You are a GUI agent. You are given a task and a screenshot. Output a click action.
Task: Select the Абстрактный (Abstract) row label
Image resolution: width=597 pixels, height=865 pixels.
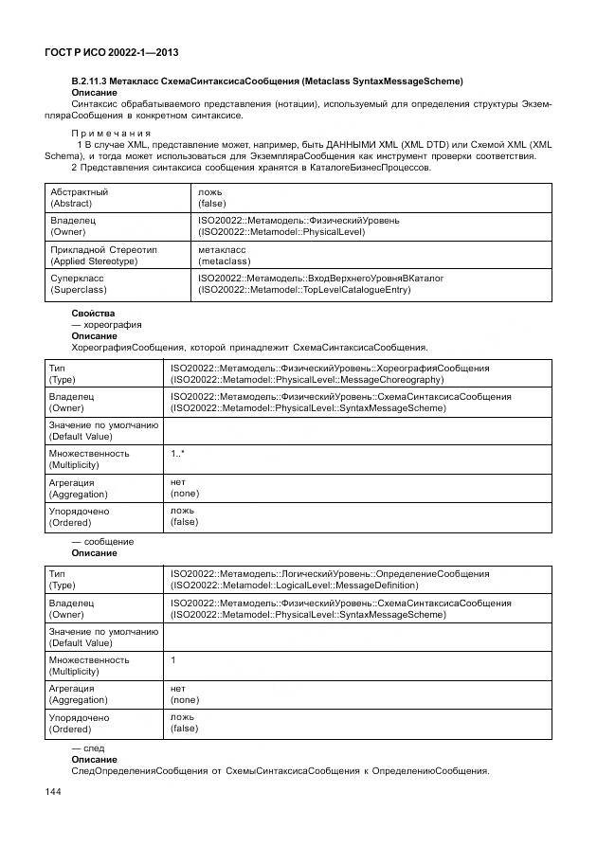80,197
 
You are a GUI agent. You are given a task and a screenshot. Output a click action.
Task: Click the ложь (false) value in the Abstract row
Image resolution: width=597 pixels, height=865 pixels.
212,197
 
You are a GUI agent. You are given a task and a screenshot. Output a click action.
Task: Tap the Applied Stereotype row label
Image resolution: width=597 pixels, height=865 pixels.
94,261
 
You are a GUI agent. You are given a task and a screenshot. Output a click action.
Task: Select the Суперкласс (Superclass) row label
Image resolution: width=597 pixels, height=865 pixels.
79,283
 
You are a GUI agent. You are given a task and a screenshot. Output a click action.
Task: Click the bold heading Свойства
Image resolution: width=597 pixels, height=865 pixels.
93,313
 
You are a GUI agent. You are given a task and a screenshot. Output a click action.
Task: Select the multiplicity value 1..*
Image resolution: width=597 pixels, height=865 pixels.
177,454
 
